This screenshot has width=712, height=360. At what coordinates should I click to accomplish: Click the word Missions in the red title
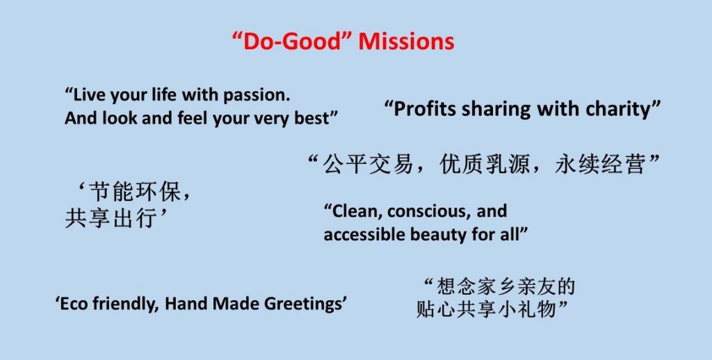coord(406,41)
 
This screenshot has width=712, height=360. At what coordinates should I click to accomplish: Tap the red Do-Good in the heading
coord(293,41)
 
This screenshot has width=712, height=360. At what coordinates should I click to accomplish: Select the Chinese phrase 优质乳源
coord(484,164)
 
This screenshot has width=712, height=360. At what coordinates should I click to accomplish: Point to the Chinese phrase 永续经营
coord(600,164)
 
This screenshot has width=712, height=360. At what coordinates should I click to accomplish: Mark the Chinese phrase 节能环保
coord(133,192)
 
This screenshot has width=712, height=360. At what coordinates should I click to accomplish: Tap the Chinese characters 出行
coord(133,219)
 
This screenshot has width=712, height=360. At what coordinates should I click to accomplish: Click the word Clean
coord(355,211)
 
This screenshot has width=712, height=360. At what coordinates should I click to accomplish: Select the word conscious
coord(426,212)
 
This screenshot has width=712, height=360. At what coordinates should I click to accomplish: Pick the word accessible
coord(364,235)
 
